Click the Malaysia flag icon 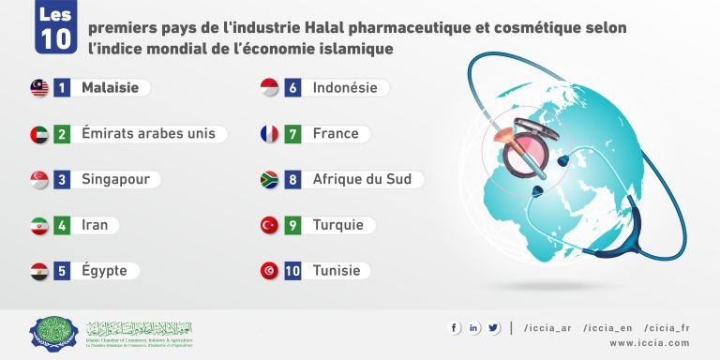coord(39,88)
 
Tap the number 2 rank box coord(63,134)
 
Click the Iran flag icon coord(39,225)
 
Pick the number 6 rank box coord(292,88)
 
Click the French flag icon coord(269,134)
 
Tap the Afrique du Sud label coord(362,179)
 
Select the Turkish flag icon coord(269,225)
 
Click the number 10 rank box coord(292,271)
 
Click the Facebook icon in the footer coord(455,327)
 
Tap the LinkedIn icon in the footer coord(474,327)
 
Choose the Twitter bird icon coord(493,327)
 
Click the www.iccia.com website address coord(650,343)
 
